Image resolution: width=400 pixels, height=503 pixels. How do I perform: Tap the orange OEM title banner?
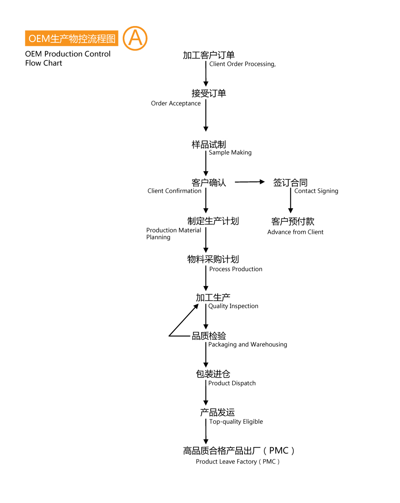[x=71, y=39]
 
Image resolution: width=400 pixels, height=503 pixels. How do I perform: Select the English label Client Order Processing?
[x=242, y=64]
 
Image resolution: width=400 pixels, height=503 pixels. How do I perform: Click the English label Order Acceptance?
[x=176, y=103]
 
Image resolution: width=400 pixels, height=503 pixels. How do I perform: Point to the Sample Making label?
[x=230, y=153]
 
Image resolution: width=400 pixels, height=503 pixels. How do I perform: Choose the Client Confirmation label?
[x=174, y=191]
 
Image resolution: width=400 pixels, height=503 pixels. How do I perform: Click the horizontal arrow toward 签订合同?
[x=250, y=182]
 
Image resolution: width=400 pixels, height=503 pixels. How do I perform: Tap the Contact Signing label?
[x=316, y=191]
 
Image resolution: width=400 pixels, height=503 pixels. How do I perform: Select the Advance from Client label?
[x=295, y=232]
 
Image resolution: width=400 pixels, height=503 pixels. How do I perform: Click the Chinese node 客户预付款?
[x=293, y=221]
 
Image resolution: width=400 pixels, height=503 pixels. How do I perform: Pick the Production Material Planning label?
[x=174, y=233]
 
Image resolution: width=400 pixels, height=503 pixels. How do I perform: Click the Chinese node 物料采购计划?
[x=213, y=259]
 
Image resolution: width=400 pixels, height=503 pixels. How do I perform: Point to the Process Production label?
[x=236, y=269]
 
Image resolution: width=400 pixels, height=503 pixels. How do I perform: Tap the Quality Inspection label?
[x=233, y=307]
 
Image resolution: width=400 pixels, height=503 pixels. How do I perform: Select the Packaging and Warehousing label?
[x=247, y=345]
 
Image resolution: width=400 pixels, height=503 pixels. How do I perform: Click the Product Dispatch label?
[x=232, y=383]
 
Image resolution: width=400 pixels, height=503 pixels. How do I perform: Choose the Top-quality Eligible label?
[x=236, y=422]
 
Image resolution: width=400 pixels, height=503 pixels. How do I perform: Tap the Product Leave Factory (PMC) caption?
[x=237, y=461]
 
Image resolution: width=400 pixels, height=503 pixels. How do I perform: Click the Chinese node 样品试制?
[x=209, y=145]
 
